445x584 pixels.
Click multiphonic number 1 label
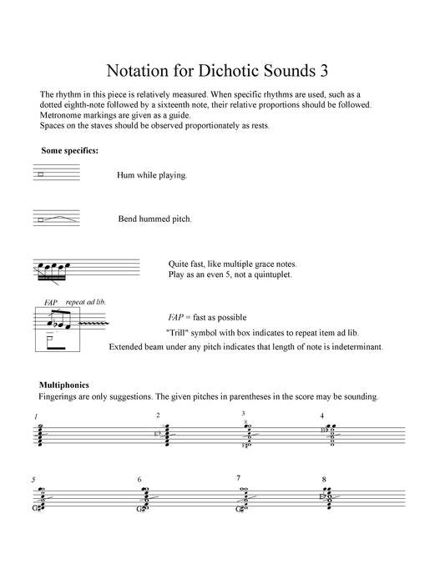[36, 416]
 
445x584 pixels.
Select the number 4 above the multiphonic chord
[321, 415]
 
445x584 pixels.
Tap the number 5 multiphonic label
[33, 480]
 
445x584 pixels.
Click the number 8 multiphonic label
[323, 480]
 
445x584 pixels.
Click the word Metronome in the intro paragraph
[63, 115]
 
